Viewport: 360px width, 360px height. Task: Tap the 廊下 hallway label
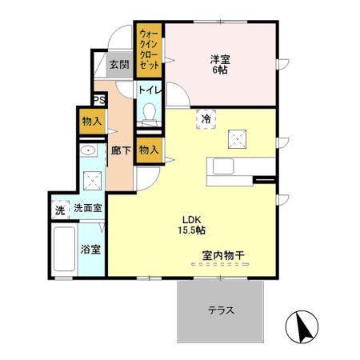click(x=121, y=150)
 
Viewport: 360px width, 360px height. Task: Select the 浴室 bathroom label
click(x=90, y=249)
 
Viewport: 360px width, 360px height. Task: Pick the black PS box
click(x=99, y=99)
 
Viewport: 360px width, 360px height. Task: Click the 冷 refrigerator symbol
click(x=206, y=118)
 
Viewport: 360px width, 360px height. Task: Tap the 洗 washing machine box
click(x=59, y=210)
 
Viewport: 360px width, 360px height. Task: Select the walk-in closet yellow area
click(x=149, y=49)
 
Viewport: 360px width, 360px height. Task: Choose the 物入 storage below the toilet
click(x=148, y=149)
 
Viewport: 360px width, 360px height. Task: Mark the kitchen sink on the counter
click(x=222, y=165)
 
